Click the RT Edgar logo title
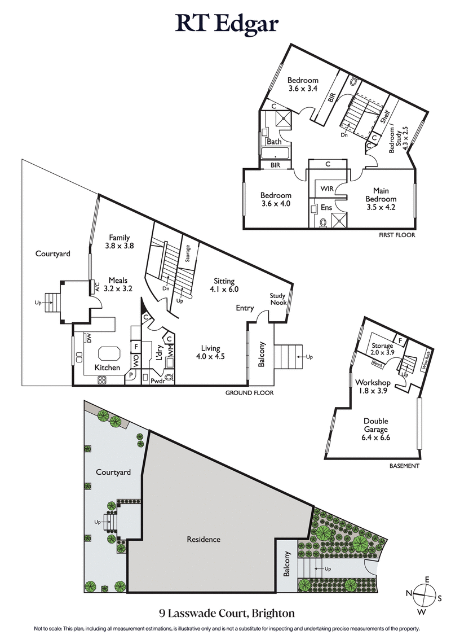(x=225, y=24)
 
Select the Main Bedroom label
(x=381, y=195)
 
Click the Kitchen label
(x=107, y=367)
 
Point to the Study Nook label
(x=277, y=299)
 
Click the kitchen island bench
(x=109, y=354)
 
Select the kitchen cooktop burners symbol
(x=103, y=380)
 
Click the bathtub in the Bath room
(x=275, y=153)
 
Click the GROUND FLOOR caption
(x=250, y=393)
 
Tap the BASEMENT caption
(x=405, y=466)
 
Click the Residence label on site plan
(x=204, y=539)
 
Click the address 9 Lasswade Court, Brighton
(x=225, y=612)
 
